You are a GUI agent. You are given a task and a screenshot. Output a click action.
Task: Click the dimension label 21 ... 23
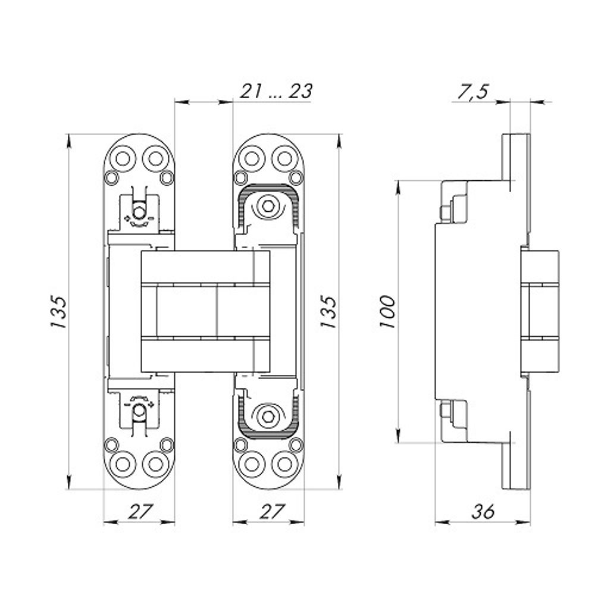[276, 91]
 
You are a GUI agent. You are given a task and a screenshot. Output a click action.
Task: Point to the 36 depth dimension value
[483, 511]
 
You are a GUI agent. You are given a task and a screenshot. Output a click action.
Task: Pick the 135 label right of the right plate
[328, 312]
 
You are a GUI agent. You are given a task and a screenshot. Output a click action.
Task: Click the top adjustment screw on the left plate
[139, 212]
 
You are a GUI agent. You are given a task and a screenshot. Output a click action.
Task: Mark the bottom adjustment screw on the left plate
[139, 411]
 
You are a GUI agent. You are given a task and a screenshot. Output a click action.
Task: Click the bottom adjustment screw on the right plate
[268, 416]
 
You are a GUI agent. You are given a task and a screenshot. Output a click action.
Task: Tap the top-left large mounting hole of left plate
[123, 158]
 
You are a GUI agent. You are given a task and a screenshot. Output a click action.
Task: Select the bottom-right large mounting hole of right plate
[284, 464]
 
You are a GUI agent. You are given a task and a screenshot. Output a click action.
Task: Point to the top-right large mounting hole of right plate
[284, 158]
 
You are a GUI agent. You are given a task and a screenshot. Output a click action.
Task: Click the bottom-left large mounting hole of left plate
[123, 464]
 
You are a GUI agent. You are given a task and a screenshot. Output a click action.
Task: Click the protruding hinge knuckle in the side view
[540, 312]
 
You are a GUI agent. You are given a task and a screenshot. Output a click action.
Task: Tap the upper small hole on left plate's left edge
[111, 177]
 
